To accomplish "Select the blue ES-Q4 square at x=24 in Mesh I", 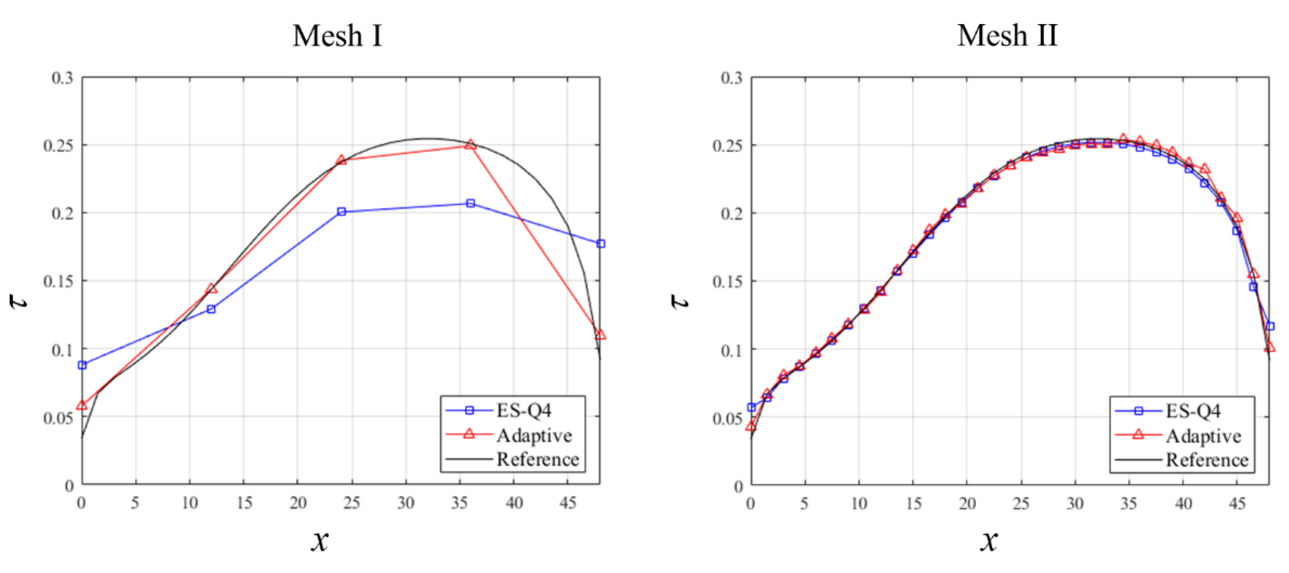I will click(x=341, y=212).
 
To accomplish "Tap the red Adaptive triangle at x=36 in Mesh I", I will click(x=470, y=145).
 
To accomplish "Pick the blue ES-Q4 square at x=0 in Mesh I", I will click(x=82, y=365).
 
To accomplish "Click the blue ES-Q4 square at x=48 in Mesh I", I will click(x=600, y=243).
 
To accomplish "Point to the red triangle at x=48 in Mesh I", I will click(x=600, y=334).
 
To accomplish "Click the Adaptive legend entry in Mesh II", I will click(x=1203, y=436).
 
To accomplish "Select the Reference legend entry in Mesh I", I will click(x=537, y=459).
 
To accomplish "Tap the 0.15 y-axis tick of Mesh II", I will click(x=727, y=281).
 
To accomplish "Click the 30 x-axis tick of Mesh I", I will click(x=406, y=502).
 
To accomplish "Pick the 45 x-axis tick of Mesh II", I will click(x=1237, y=502).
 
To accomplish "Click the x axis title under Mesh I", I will click(x=319, y=541).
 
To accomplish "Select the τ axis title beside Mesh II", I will click(x=679, y=301).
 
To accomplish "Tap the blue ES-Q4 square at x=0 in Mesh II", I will click(x=751, y=407).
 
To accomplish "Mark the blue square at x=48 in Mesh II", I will click(x=1270, y=326).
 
